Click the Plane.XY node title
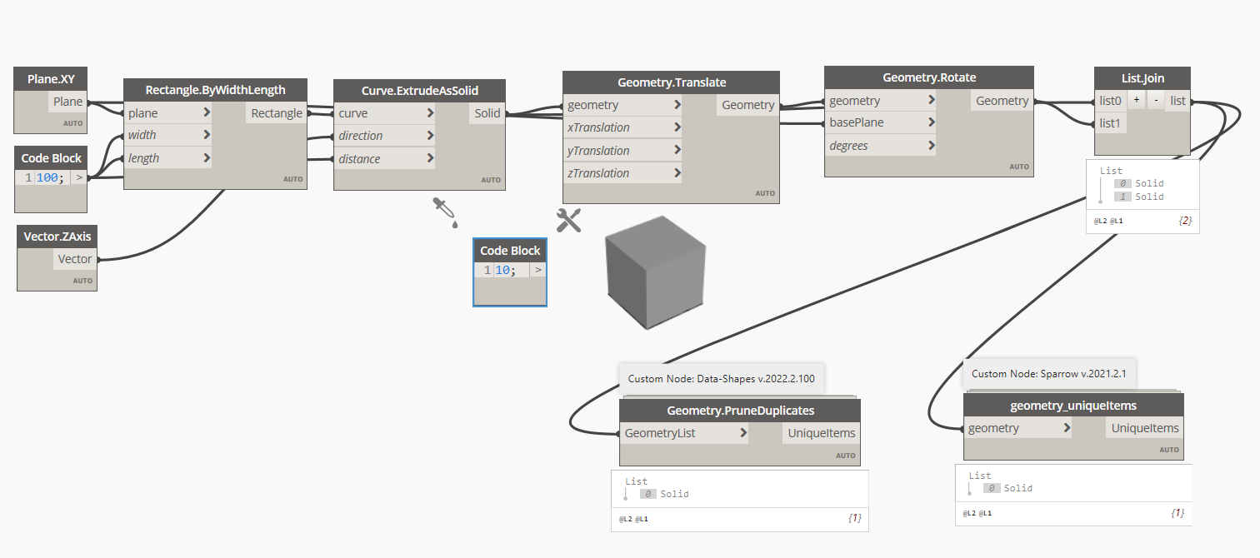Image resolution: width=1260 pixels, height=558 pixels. click(x=51, y=79)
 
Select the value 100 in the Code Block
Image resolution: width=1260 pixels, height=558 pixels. click(x=47, y=177)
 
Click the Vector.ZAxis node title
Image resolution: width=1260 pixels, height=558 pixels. click(x=57, y=237)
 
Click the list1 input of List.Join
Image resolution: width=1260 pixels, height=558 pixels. click(x=1111, y=123)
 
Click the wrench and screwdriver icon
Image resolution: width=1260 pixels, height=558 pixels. click(x=568, y=220)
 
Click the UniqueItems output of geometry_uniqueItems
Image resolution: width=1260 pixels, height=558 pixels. click(x=1146, y=428)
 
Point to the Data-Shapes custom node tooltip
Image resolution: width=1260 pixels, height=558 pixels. click(x=721, y=378)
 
